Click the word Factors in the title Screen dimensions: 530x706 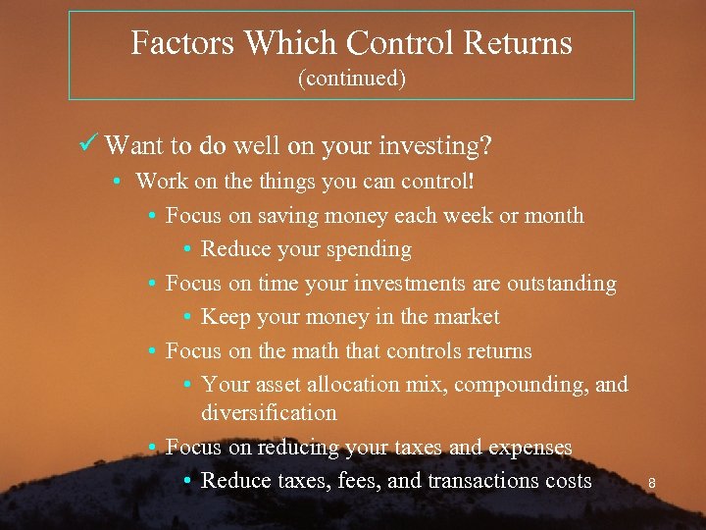(182, 43)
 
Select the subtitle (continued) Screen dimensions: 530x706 (351, 79)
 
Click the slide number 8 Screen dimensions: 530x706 (652, 483)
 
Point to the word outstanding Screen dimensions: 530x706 (561, 284)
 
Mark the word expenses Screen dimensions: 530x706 (529, 448)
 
